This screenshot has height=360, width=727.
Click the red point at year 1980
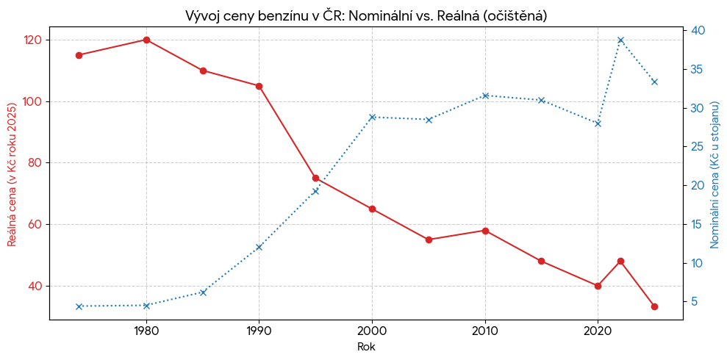tap(146, 40)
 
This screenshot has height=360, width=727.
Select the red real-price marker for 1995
tap(315, 178)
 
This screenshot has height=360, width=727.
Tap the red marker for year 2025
tap(654, 306)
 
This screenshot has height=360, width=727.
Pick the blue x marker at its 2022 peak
tap(620, 40)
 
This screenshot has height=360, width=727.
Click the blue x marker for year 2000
tap(372, 117)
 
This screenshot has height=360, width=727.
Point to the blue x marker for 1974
tap(79, 306)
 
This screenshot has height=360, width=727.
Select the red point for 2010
tap(485, 231)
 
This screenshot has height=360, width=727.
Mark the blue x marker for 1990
tap(259, 247)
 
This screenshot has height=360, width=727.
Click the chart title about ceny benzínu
tap(365, 15)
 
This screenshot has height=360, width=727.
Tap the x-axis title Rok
tap(365, 347)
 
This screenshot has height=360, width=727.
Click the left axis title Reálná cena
tap(12, 173)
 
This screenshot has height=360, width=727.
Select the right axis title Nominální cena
tap(714, 173)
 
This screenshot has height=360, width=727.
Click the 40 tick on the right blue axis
tap(698, 30)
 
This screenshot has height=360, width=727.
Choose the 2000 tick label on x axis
tap(372, 331)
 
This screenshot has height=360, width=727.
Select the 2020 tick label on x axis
tap(598, 331)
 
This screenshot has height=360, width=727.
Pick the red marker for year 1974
tap(79, 55)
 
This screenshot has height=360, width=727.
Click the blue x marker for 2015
tap(541, 100)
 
